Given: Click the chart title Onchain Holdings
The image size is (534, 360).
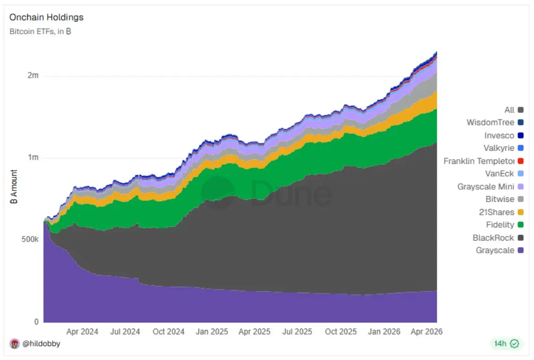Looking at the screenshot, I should [46, 17].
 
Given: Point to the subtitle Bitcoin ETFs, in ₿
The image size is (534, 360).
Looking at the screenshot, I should [40, 32].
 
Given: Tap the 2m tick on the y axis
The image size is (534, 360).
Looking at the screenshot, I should [32, 75].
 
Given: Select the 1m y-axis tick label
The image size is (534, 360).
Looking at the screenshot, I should [32, 158].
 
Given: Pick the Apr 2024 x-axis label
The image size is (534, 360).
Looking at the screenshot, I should [82, 331].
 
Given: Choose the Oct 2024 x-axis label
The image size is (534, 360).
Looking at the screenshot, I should [169, 331].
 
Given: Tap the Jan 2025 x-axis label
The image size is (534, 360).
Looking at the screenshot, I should [212, 331].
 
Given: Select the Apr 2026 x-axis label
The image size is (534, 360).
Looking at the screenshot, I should [426, 331].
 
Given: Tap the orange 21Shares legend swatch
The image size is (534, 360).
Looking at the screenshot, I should [520, 212].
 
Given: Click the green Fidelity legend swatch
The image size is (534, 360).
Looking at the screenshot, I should [520, 225].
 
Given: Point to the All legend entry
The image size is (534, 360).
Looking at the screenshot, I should [509, 110].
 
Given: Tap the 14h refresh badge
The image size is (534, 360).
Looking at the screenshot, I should [506, 344].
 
